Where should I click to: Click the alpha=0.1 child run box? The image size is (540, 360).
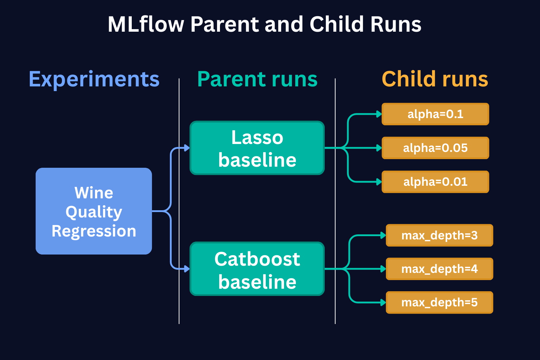click(435, 114)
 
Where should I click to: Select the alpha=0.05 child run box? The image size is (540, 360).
click(435, 148)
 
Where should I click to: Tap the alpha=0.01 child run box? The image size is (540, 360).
click(435, 182)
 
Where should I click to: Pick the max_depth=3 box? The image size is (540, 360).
click(439, 235)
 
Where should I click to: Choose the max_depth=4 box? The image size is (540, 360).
click(439, 269)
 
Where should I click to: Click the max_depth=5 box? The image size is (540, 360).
click(439, 302)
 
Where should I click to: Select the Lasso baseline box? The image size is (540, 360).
click(257, 148)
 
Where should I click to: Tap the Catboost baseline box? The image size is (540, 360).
click(257, 269)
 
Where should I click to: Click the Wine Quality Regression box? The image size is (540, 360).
click(94, 211)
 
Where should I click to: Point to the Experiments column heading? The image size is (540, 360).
click(94, 79)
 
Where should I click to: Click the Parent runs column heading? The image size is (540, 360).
click(257, 79)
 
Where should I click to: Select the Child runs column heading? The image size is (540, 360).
click(435, 79)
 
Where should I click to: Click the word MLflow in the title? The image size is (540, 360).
click(146, 24)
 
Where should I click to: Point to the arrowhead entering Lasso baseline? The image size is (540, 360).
click(187, 148)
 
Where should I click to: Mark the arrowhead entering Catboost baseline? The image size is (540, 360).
click(187, 269)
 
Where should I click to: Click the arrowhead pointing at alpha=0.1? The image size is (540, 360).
click(379, 114)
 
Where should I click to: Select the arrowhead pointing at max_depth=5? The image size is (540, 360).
click(383, 302)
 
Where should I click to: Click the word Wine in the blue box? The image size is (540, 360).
click(94, 193)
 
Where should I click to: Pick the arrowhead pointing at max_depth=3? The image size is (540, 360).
click(383, 235)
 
